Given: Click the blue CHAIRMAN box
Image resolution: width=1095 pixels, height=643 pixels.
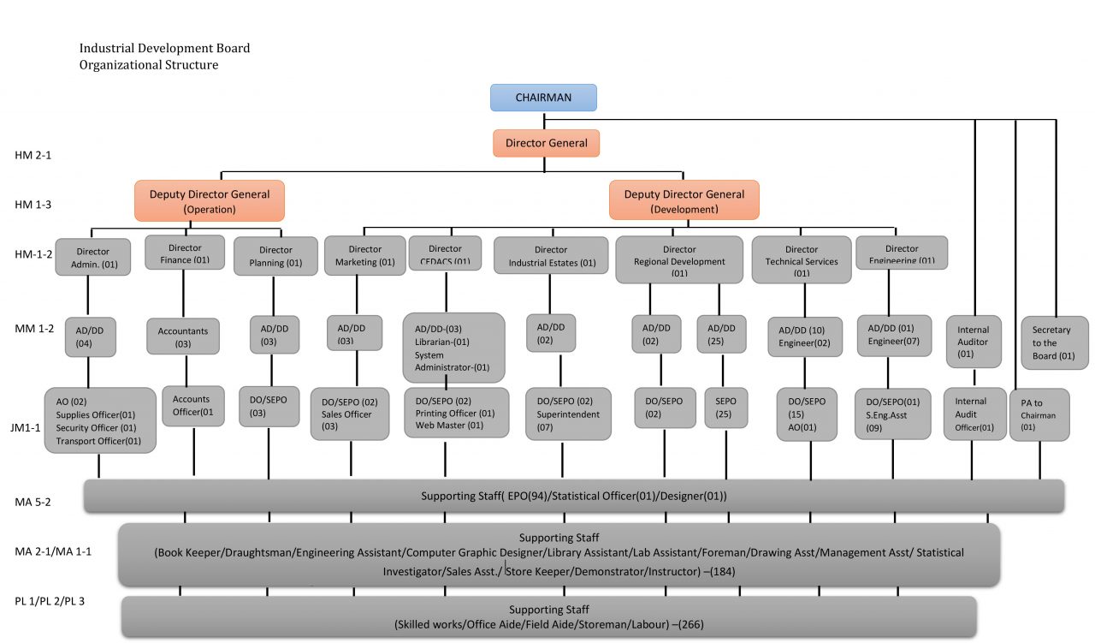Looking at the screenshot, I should (543, 98).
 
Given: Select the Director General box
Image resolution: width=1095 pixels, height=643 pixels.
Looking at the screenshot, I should (546, 143).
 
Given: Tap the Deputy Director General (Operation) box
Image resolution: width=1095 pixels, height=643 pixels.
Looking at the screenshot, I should (209, 201).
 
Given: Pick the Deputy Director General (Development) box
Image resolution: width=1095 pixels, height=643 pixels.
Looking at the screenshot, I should (684, 200).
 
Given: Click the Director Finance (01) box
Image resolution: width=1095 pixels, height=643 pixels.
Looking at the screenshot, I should (184, 253).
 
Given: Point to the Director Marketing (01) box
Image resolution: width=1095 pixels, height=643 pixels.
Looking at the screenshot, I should (364, 256).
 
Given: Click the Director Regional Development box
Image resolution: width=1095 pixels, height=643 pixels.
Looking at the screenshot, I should (679, 260).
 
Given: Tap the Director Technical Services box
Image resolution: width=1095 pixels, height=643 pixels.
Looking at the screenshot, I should (802, 260).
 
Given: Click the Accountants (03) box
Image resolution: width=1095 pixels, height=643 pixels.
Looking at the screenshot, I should (183, 336).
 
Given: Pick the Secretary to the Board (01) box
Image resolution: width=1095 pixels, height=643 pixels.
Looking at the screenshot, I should (1054, 342).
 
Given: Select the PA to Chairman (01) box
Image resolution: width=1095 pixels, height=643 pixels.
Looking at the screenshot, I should (1039, 414).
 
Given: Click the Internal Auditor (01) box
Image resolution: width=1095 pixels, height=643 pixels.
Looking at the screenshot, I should (973, 341).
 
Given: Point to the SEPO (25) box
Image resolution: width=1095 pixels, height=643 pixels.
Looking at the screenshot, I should (725, 408).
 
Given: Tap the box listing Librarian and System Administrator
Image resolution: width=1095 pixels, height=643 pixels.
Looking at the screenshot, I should (453, 348).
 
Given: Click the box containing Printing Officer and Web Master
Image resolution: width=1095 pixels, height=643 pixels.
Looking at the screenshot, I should (456, 413).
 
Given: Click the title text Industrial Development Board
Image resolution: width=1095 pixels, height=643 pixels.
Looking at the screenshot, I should (164, 49).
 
